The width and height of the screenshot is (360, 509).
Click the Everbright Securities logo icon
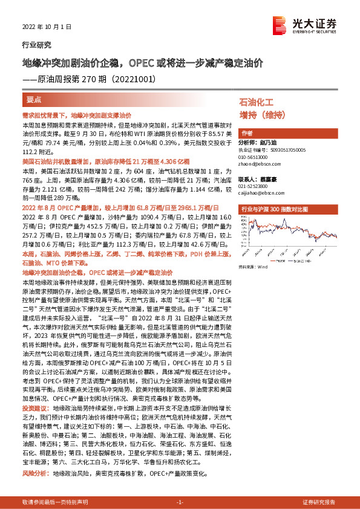(x=280, y=24)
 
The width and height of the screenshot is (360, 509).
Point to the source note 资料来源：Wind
(x=253, y=266)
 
